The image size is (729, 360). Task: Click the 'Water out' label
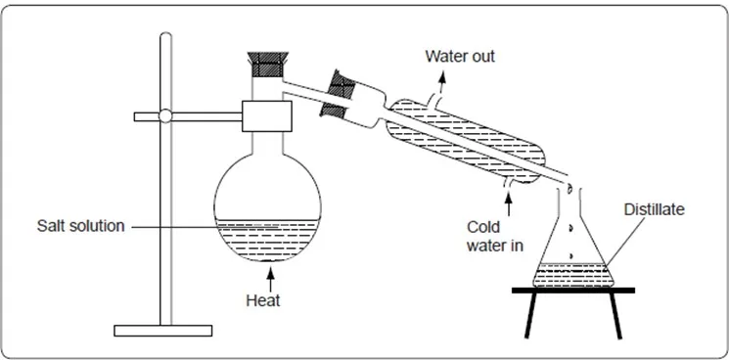[x=460, y=56]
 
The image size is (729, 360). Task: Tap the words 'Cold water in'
[x=495, y=236]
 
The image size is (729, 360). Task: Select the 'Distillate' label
[x=655, y=209]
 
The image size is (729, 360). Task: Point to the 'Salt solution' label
[x=81, y=226]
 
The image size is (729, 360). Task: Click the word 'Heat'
[x=263, y=300]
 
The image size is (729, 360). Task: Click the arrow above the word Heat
[x=270, y=279]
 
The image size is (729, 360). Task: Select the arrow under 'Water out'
[x=441, y=82]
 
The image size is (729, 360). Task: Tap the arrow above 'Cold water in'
[x=508, y=203]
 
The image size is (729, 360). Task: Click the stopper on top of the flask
[x=267, y=65]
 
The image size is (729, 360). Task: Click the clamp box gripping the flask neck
[x=267, y=116]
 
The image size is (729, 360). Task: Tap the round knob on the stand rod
[x=165, y=115]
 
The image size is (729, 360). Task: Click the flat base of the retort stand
[x=163, y=331]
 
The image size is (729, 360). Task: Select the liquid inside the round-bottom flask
[x=267, y=240]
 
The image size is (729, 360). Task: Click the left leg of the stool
[x=531, y=315]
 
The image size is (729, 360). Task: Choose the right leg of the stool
[x=615, y=316]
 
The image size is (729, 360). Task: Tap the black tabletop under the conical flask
[x=573, y=291]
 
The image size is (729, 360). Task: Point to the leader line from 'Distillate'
[x=625, y=241]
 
